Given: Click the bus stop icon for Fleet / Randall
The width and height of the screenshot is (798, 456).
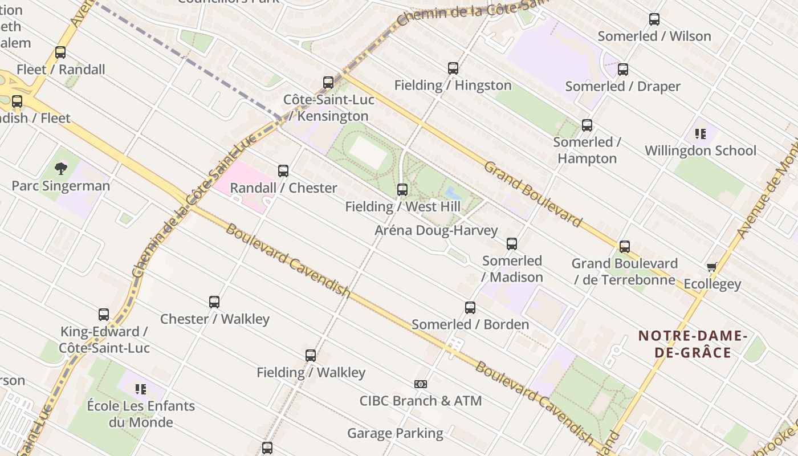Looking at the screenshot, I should (x=60, y=52).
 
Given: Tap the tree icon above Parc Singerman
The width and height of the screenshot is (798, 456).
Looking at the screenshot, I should (x=61, y=169).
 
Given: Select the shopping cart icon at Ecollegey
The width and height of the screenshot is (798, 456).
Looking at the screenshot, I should (x=711, y=267).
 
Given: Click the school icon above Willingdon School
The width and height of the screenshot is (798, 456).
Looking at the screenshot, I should (x=700, y=134).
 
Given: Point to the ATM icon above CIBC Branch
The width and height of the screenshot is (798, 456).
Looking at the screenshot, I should (x=421, y=384).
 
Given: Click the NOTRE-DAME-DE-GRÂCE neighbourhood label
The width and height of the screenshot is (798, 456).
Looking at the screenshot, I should (x=693, y=344).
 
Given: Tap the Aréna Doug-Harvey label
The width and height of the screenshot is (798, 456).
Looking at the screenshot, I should (x=436, y=230).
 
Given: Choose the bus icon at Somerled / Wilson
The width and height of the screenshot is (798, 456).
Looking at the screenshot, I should (x=654, y=19).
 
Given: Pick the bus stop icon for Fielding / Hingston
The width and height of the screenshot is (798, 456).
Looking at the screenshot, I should (x=453, y=68).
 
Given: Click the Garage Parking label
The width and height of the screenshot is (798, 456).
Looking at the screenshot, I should (x=395, y=433).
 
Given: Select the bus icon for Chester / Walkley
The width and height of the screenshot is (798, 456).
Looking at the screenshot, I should (x=214, y=302).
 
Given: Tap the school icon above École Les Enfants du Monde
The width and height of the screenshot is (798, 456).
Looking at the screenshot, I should (x=140, y=389).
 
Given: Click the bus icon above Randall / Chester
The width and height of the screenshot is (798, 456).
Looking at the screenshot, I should (x=283, y=171).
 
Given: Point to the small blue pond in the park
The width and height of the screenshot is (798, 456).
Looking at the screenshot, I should (x=453, y=193).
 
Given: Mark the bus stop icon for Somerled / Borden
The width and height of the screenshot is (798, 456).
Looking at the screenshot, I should (x=470, y=308).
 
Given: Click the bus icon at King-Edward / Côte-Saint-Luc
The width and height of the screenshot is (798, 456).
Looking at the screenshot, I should (x=104, y=315).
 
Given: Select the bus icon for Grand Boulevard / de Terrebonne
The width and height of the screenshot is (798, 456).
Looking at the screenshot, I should (x=625, y=247).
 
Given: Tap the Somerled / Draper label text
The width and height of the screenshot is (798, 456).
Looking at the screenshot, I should (x=622, y=86).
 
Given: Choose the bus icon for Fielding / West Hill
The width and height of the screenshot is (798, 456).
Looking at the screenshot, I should (x=402, y=190).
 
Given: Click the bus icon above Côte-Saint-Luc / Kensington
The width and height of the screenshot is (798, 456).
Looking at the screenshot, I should (x=328, y=83).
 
